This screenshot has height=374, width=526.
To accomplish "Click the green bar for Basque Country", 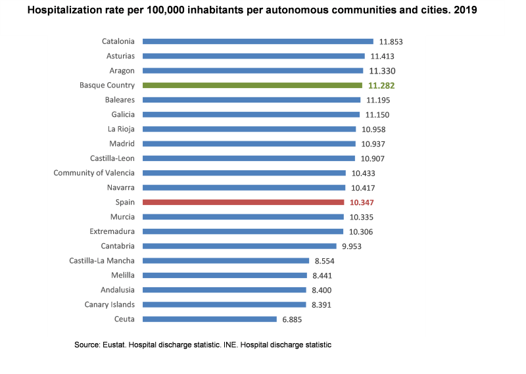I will [x=252, y=85].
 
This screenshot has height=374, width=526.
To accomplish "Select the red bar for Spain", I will [x=243, y=202].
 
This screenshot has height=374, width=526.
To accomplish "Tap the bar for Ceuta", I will [x=209, y=319].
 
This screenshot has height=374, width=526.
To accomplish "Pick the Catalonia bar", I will [x=257, y=41].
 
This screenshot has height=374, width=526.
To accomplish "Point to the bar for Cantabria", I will [x=239, y=246].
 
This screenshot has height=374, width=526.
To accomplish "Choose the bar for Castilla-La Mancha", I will [x=226, y=261].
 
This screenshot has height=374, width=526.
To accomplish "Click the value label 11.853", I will [x=391, y=41].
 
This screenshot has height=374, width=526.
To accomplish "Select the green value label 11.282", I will [x=381, y=85].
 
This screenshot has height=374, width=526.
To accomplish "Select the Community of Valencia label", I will [x=94, y=173].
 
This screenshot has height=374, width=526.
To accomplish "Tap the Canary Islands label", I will [x=110, y=305].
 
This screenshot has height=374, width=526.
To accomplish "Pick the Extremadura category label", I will [x=112, y=231].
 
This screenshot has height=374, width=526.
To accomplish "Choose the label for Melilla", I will [x=123, y=275].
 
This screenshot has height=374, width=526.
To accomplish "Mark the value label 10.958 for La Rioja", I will [x=373, y=129].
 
